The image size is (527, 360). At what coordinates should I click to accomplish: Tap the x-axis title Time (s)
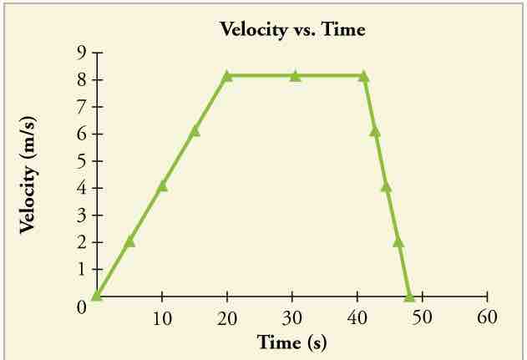pyautogui.click(x=291, y=342)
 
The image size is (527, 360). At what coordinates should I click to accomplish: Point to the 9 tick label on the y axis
pyautogui.click(x=84, y=53)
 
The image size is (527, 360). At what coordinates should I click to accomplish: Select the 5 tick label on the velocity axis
pyautogui.click(x=84, y=161)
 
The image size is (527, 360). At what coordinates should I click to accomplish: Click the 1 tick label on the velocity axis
pyautogui.click(x=84, y=270)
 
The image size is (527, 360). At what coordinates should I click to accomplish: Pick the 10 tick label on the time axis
pyautogui.click(x=162, y=318)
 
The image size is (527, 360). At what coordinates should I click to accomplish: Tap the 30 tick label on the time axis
pyautogui.click(x=292, y=318)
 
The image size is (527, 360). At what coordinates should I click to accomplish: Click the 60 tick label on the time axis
pyautogui.click(x=487, y=318)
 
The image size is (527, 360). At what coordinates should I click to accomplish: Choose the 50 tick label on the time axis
pyautogui.click(x=423, y=318)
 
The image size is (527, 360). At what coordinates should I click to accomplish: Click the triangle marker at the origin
pyautogui.click(x=97, y=295)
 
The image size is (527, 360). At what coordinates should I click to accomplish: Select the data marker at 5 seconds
pyautogui.click(x=129, y=241)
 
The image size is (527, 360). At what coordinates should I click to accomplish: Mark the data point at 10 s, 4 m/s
pyautogui.click(x=162, y=185)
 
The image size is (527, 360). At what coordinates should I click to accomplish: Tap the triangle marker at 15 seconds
pyautogui.click(x=195, y=130)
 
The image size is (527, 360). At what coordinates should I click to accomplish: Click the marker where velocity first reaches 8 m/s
pyautogui.click(x=227, y=76)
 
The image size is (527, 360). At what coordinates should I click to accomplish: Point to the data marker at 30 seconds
pyautogui.click(x=295, y=76)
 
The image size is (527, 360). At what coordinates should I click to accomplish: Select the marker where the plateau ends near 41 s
pyautogui.click(x=363, y=76)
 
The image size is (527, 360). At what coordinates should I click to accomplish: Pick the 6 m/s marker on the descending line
pyautogui.click(x=375, y=130)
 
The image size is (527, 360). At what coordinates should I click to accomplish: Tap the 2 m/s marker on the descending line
pyautogui.click(x=398, y=241)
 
